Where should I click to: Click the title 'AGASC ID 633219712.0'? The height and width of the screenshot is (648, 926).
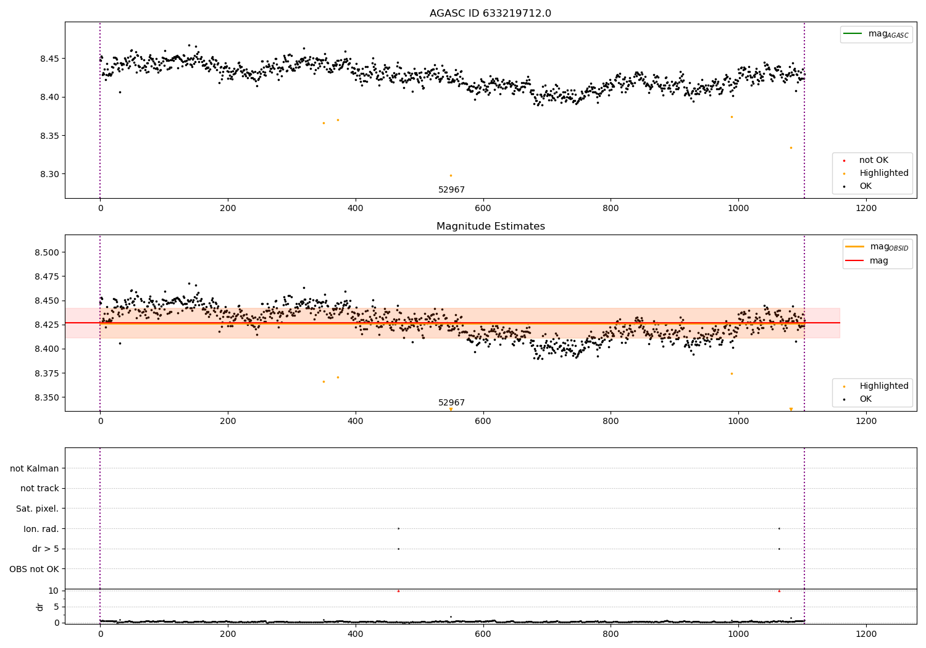[490, 14]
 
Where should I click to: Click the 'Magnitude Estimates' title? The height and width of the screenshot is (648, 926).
[490, 226]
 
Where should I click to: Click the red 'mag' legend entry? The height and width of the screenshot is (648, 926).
[878, 260]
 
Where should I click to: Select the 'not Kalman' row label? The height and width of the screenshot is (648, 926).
[35, 468]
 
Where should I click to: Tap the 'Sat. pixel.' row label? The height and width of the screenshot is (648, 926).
[37, 509]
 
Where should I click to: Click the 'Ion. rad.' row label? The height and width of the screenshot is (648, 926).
[41, 529]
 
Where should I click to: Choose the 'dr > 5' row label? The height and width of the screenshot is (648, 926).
[45, 549]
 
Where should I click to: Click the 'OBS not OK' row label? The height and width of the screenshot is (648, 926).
[34, 569]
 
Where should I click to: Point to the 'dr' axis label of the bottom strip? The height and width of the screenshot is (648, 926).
[40, 607]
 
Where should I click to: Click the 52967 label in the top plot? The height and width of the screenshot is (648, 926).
[451, 189]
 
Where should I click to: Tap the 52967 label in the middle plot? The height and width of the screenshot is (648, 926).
[451, 402]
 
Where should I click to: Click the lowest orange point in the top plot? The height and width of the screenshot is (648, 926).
[451, 176]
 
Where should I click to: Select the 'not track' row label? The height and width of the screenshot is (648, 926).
[40, 488]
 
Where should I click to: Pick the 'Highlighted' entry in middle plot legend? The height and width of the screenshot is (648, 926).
[883, 386]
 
